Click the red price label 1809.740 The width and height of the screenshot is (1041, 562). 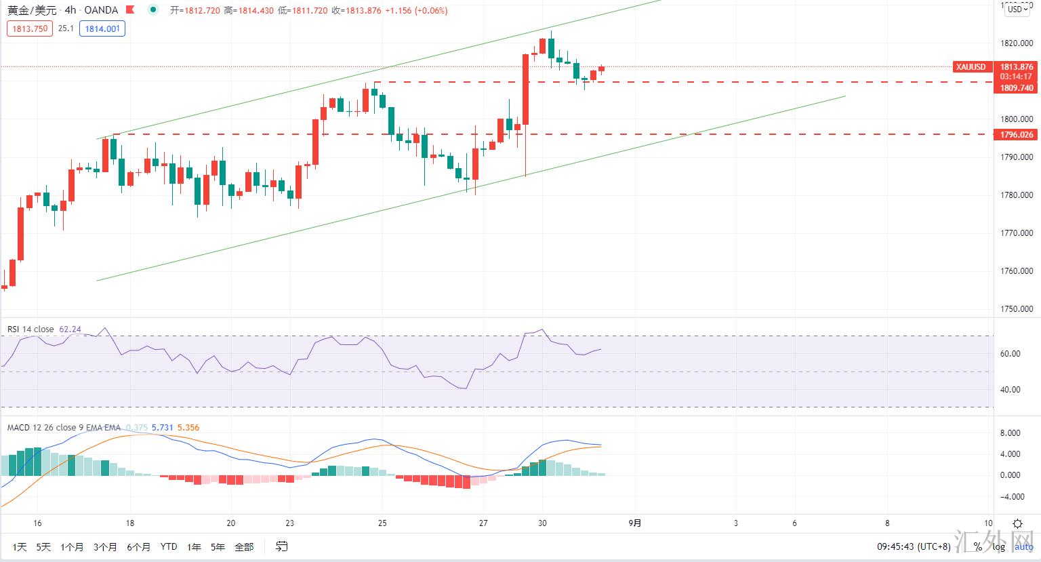tap(1017, 88)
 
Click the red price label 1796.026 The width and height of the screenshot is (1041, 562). tap(1017, 135)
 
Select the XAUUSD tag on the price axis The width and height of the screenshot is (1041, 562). tap(971, 67)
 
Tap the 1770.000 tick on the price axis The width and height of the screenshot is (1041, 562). tap(1017, 233)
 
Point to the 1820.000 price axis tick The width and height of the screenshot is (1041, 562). tap(1017, 43)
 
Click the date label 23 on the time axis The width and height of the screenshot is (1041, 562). tap(290, 523)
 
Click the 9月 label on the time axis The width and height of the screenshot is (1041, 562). tap(635, 523)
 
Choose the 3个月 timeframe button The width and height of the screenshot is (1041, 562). tap(105, 547)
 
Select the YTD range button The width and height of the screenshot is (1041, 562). tap(169, 547)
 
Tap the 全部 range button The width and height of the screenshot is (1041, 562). tap(244, 547)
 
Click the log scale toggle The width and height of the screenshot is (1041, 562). tap(999, 547)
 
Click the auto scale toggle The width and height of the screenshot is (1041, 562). tap(1024, 547)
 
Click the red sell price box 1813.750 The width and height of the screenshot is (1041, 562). tap(30, 28)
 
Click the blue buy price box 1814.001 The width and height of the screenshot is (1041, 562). tap(102, 28)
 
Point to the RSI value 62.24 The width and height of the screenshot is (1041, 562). tap(70, 329)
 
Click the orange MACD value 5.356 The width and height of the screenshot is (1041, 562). tap(188, 428)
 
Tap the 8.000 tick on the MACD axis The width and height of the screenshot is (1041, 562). tap(1010, 433)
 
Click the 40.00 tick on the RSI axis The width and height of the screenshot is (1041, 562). tap(1010, 390)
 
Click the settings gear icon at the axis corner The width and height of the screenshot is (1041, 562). tap(1017, 523)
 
